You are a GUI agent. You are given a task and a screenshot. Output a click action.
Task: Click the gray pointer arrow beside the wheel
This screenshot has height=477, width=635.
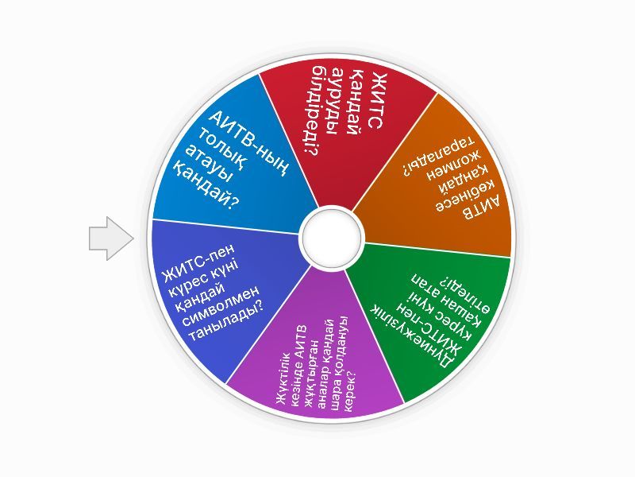tap(110, 238)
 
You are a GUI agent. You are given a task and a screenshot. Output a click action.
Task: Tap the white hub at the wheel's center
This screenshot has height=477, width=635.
tap(331, 238)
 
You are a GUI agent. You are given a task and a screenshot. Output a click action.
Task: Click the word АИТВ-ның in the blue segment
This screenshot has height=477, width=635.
tap(248, 144)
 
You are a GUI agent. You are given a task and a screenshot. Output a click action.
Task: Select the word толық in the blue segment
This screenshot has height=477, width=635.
tap(221, 154)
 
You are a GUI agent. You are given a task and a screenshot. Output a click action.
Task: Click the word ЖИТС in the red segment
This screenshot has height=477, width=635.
tap(375, 101)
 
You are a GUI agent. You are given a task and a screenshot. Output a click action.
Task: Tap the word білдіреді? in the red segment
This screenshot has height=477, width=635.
tap(312, 111)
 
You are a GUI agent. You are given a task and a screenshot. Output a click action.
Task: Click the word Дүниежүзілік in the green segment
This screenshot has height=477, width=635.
tap(413, 335)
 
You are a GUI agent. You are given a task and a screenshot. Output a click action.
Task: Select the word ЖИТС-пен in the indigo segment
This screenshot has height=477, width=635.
tap(198, 264)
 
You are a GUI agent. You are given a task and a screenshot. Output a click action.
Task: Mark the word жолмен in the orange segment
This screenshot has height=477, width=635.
tap(453, 166)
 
